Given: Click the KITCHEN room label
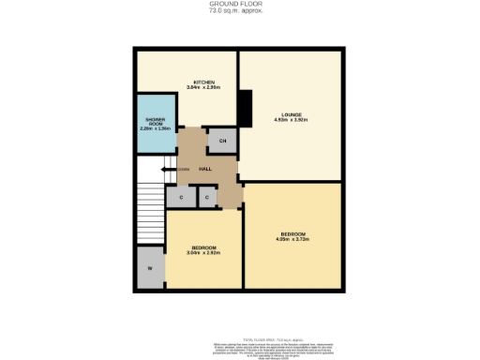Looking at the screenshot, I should tap(205, 82).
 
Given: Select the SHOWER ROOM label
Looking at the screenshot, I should tap(155, 122).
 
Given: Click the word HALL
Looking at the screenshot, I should tap(203, 168).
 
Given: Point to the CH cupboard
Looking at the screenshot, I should tap(222, 142).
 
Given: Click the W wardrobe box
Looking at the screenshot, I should tap(150, 269).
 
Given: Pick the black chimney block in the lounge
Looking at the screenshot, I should tap(245, 108).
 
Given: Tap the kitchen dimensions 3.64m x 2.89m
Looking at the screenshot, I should tap(205, 88).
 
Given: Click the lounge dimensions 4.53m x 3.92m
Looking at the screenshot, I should tap(289, 121).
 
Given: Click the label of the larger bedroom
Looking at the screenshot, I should tap(292, 232).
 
